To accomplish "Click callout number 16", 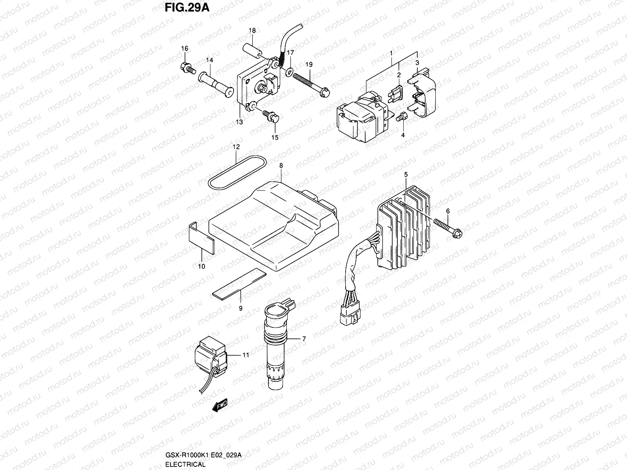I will coord(184,49).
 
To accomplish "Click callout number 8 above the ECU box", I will coord(281,166).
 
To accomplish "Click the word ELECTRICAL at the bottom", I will coord(185,464).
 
